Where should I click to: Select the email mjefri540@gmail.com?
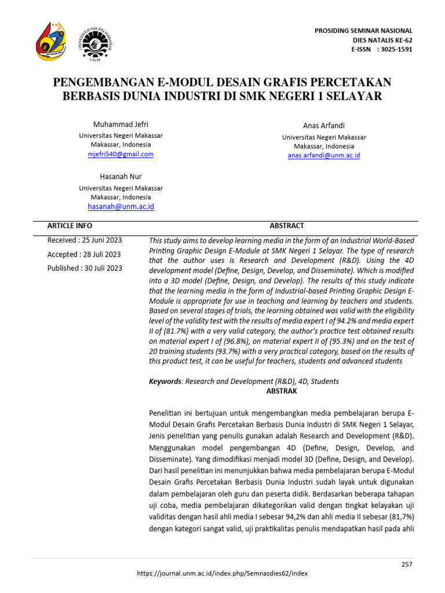click(121, 154)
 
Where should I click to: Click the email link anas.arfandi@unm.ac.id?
click(324, 155)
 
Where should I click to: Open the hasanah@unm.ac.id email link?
click(121, 206)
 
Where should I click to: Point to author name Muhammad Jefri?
click(121, 125)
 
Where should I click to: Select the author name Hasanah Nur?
click(121, 176)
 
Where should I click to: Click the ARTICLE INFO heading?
click(70, 226)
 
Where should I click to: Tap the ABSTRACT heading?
click(286, 226)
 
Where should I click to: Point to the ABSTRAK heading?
click(282, 391)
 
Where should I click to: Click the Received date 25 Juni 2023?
click(84, 240)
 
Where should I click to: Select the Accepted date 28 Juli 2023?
click(84, 254)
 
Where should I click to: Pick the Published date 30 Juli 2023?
click(85, 268)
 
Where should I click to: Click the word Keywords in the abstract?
click(165, 382)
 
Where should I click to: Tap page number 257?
click(407, 565)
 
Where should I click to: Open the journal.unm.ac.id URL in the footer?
click(222, 573)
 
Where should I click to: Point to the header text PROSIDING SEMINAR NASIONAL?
click(363, 31)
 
